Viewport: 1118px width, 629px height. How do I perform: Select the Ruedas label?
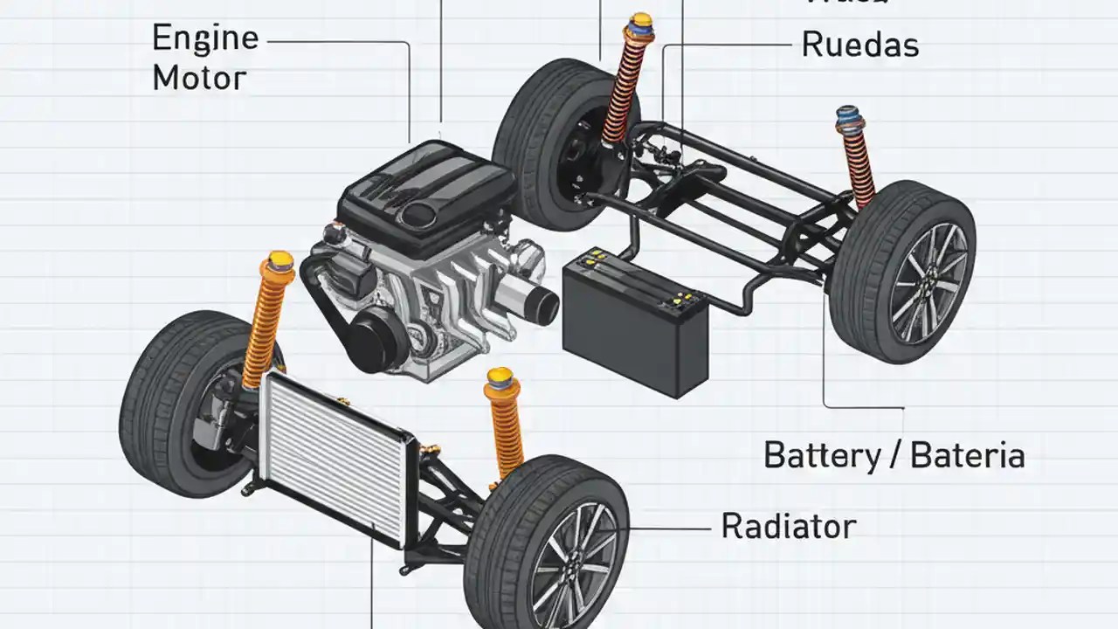860,45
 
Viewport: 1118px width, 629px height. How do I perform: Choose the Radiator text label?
789,526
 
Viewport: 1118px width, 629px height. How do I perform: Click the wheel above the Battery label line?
904,271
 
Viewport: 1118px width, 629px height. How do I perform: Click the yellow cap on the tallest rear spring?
641,22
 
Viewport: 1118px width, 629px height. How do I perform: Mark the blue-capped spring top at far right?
848,116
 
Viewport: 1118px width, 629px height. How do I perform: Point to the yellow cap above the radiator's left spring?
280,260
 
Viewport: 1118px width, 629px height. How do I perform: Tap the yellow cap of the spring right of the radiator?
499,377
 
